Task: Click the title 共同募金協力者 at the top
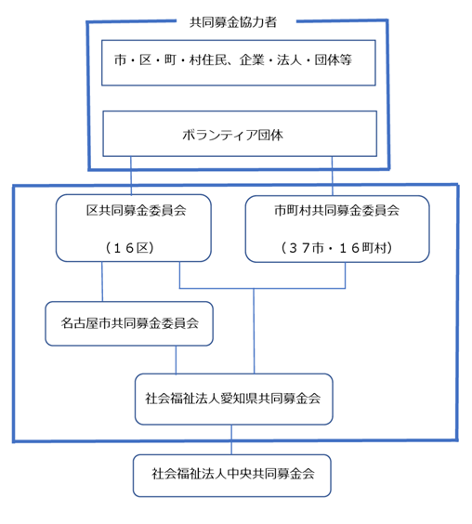[233, 22]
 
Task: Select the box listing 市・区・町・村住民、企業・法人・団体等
[239, 63]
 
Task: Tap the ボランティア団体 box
[240, 134]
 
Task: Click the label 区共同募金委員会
[136, 210]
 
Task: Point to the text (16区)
[130, 248]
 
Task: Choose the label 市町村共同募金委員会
[337, 210]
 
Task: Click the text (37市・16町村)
[336, 248]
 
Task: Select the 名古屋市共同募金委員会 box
[129, 323]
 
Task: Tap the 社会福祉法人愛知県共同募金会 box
[233, 399]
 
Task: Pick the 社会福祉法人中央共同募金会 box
[232, 476]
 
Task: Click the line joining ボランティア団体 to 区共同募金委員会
[131, 176]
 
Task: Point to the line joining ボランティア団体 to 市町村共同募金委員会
[333, 176]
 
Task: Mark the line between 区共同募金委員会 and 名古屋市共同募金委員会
[102, 282]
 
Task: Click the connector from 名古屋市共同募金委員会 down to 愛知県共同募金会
[176, 360]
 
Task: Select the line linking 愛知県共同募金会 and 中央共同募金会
[231, 439]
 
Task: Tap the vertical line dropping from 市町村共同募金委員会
[346, 275]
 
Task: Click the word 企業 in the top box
[252, 60]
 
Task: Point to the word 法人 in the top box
[289, 60]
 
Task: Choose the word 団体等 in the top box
[333, 60]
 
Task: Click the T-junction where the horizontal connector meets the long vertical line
[254, 288]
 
